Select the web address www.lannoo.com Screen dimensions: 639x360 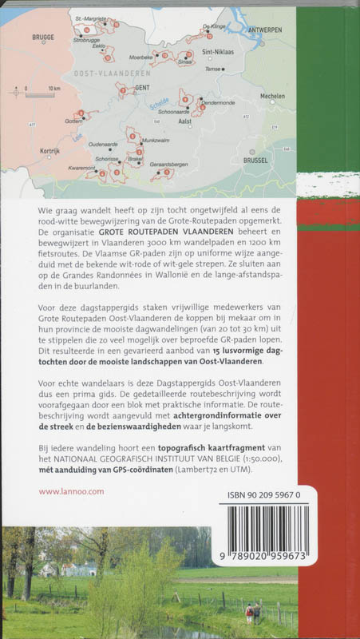click(x=71, y=492)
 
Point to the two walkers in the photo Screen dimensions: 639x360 click(x=255, y=613)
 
